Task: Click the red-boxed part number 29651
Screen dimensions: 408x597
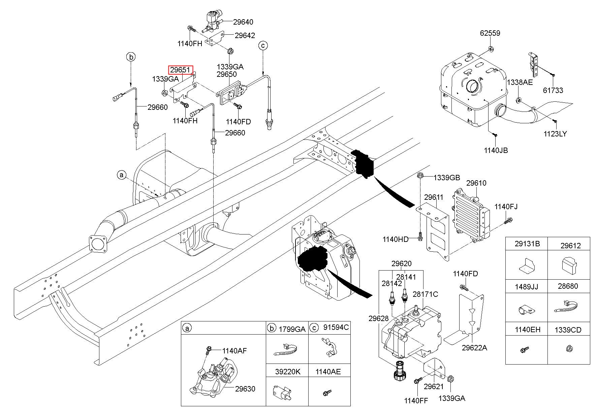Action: (x=181, y=70)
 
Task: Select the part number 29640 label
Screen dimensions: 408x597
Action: (x=243, y=22)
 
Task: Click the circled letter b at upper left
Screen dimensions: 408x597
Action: (x=131, y=57)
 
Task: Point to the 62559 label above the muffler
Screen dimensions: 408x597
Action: (x=490, y=33)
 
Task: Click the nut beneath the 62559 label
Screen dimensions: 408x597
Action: (x=491, y=50)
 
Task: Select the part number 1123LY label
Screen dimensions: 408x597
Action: (x=555, y=134)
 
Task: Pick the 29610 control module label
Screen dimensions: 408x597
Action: (x=476, y=183)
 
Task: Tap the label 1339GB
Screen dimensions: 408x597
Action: (x=446, y=178)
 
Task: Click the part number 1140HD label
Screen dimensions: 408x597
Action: (x=395, y=239)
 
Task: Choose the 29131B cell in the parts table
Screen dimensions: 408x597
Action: (x=527, y=244)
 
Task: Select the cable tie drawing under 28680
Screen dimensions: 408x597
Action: (x=568, y=308)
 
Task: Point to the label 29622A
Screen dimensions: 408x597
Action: (x=474, y=348)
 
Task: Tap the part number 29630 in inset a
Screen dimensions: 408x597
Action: (x=245, y=389)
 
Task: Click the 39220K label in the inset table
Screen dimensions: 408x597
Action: (x=287, y=372)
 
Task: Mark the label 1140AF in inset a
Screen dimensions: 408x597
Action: (x=234, y=351)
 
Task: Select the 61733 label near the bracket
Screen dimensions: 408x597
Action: (x=553, y=90)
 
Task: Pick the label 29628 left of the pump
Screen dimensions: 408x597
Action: (x=378, y=318)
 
